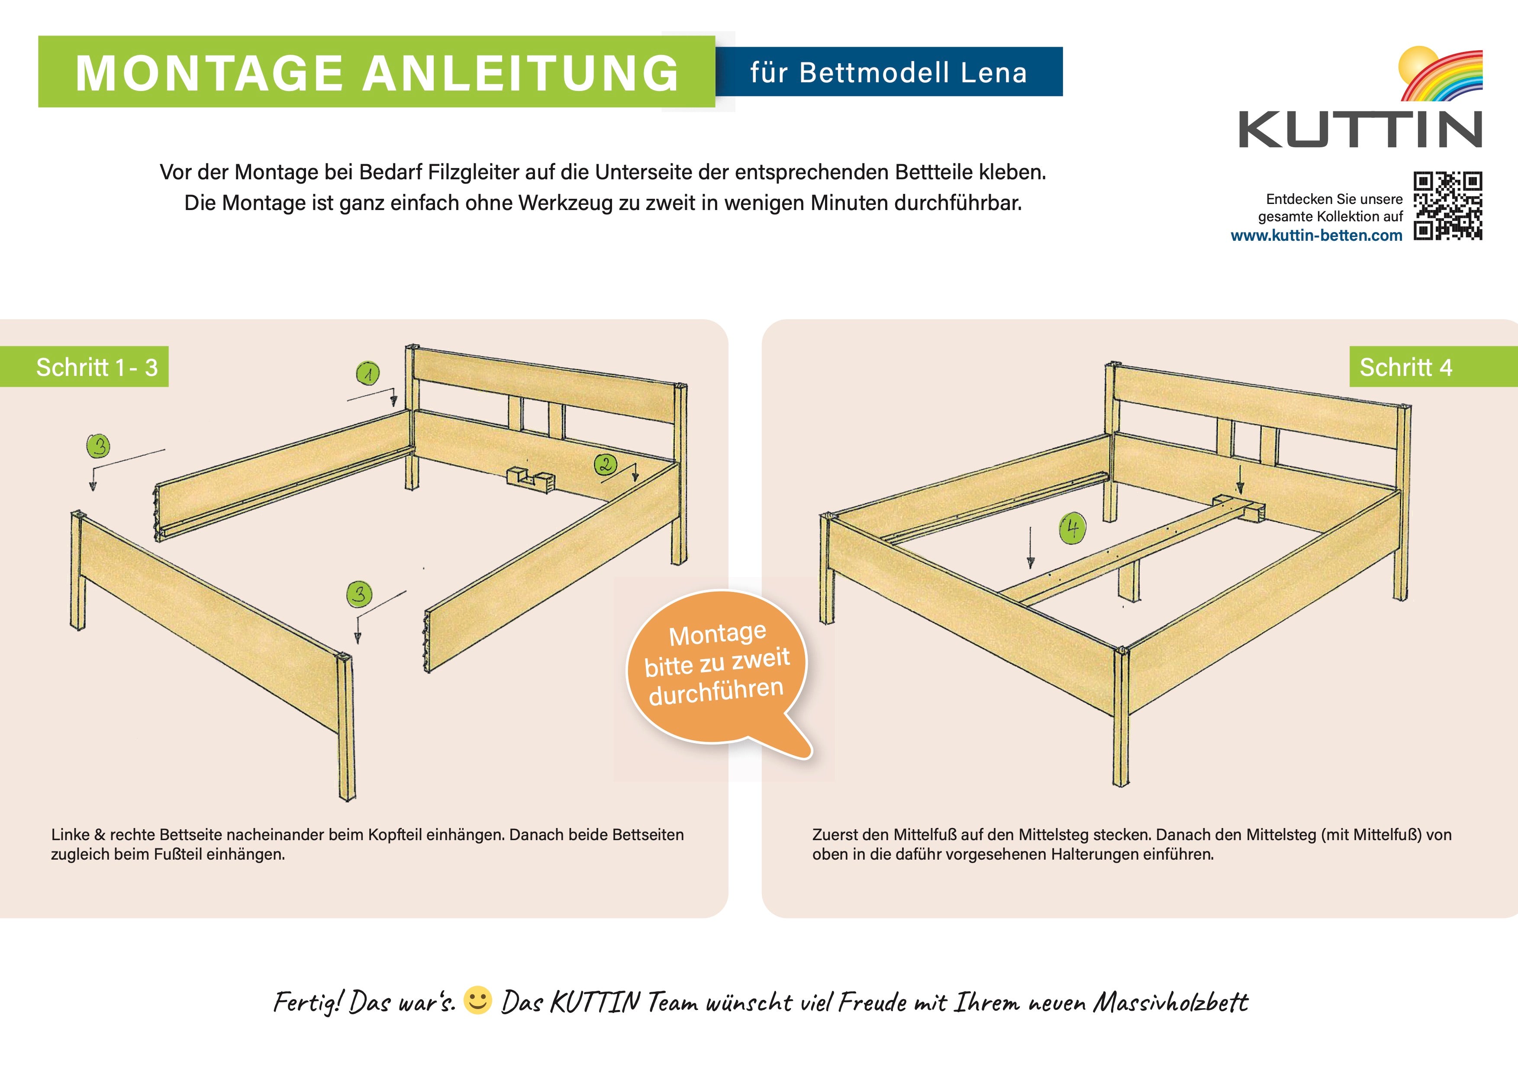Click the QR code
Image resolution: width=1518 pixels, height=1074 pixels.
pos(1448,206)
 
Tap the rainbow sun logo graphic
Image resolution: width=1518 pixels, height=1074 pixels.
pos(1441,74)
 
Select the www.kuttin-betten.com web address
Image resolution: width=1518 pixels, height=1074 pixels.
pos(1316,236)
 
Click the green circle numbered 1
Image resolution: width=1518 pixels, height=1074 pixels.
pos(367,374)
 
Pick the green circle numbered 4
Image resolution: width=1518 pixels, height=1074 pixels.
pos(1073,529)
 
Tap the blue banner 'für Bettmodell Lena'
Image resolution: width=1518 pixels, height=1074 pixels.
pos(889,71)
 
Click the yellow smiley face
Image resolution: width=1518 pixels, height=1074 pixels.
pos(477,1000)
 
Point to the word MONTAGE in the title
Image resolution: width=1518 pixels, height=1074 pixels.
pos(209,73)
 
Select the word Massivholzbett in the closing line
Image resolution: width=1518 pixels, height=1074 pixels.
pos(1170,1002)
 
